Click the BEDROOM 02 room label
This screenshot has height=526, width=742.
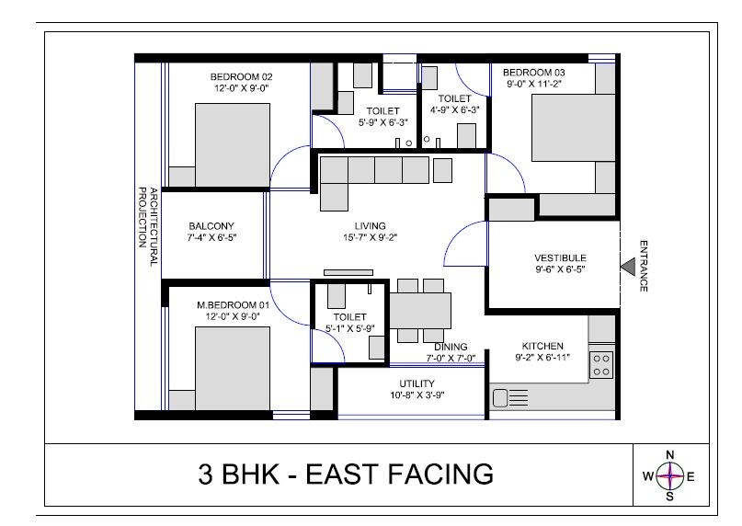pos(241,76)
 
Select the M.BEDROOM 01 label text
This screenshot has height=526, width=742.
pos(233,304)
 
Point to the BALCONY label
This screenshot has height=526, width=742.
pos(211,226)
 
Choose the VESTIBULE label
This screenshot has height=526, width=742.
pos(560,257)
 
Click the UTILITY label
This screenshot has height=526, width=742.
pos(417,383)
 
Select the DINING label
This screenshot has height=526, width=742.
pos(451,347)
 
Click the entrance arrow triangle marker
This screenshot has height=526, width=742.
pos(627,265)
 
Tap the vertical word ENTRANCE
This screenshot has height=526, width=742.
pos(644,266)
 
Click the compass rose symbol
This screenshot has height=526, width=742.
pos(670,475)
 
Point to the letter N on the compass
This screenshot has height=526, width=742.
pos(670,455)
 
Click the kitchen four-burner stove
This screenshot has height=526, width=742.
pos(602,364)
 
